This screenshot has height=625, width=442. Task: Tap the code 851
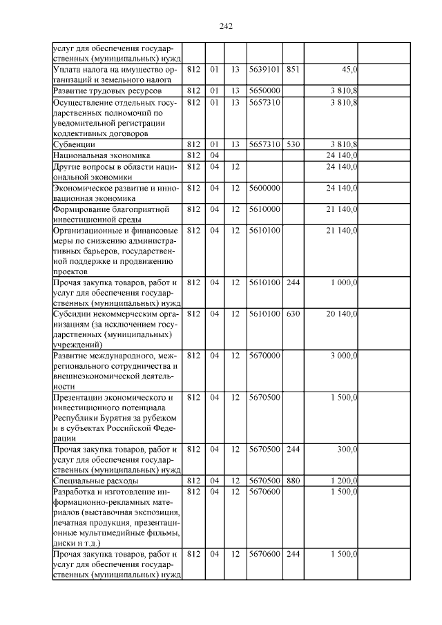tap(293, 69)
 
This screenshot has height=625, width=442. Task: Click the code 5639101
tap(264, 69)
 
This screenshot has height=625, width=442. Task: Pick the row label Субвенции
tap(75, 144)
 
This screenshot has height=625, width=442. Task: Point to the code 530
tap(293, 144)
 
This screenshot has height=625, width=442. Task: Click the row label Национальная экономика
tap(102, 155)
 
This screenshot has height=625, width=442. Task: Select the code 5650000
tap(264, 90)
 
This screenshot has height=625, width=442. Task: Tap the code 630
tap(293, 314)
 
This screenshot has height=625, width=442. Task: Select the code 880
tap(293, 480)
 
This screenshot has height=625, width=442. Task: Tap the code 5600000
tap(264, 187)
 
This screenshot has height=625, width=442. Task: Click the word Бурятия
tap(118, 418)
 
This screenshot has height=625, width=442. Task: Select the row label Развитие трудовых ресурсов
tap(108, 90)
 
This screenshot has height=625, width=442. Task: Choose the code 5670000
tap(264, 355)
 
